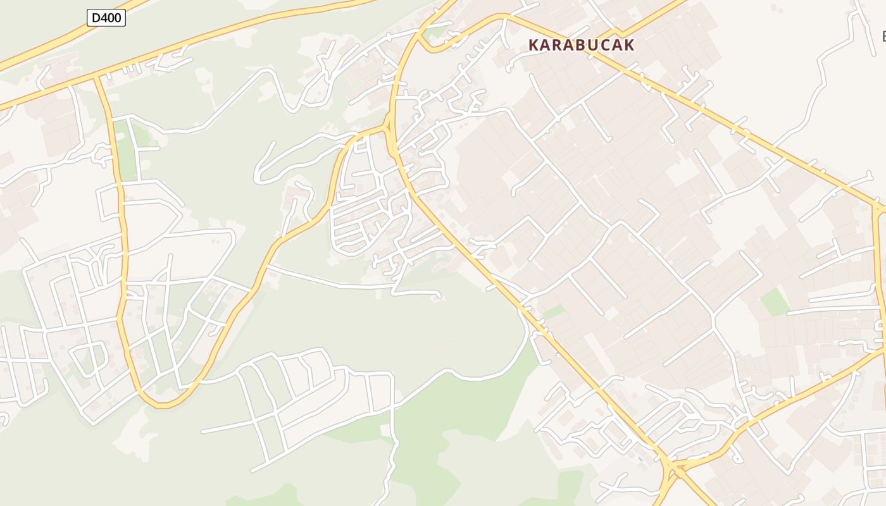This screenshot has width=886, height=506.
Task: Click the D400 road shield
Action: (x=106, y=18)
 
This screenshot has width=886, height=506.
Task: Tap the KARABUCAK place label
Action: (x=581, y=45)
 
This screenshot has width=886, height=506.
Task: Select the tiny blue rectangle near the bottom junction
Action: (x=640, y=459)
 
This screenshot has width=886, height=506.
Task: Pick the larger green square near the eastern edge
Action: (x=775, y=302)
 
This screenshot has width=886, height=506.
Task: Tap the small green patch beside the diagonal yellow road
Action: (x=553, y=312)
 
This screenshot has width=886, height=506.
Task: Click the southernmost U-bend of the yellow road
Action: (x=162, y=404)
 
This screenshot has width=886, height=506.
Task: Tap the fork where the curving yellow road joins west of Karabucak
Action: (x=387, y=126)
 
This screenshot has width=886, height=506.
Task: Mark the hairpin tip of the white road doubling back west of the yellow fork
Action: (x=258, y=177)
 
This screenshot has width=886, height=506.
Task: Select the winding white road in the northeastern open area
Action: (x=823, y=82)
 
